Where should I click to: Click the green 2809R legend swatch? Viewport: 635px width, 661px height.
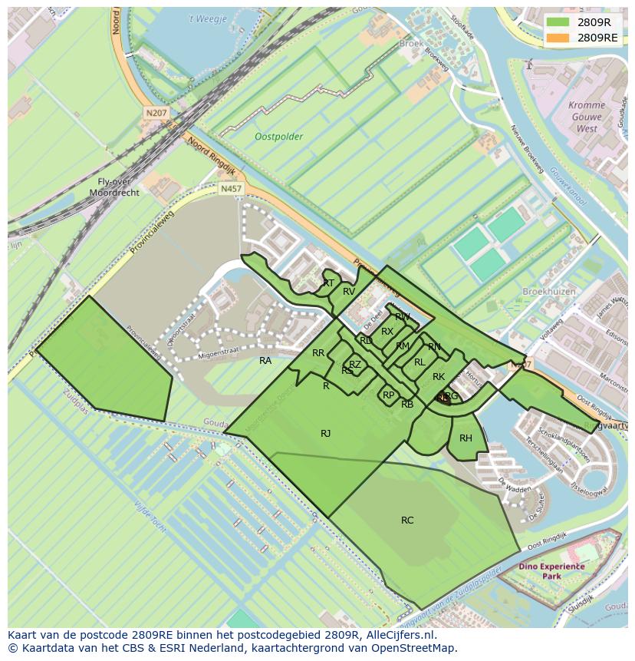[x=558, y=22]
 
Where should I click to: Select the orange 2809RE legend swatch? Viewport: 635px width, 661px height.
[x=558, y=37]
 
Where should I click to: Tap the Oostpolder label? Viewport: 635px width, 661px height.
[x=278, y=137]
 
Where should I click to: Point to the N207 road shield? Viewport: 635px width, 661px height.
[x=156, y=113]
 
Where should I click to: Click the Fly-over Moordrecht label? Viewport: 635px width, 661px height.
[x=114, y=187]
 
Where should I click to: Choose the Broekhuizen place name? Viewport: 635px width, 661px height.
[x=548, y=292]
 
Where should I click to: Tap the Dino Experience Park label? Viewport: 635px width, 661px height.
[x=551, y=571]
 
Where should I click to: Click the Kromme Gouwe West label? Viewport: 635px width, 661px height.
[x=587, y=117]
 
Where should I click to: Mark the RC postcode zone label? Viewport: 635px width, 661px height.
[x=407, y=521]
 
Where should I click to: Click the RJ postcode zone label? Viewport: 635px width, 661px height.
[x=326, y=434]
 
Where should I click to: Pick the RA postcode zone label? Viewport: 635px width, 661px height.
[x=265, y=361]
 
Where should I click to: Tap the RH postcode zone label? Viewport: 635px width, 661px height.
[x=466, y=438]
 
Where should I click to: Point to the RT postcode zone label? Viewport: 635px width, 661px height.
[x=328, y=283]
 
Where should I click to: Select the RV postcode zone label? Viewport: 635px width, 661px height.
[x=349, y=292]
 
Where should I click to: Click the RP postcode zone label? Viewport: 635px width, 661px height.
[x=388, y=395]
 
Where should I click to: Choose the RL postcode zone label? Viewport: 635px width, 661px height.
[x=419, y=362]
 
